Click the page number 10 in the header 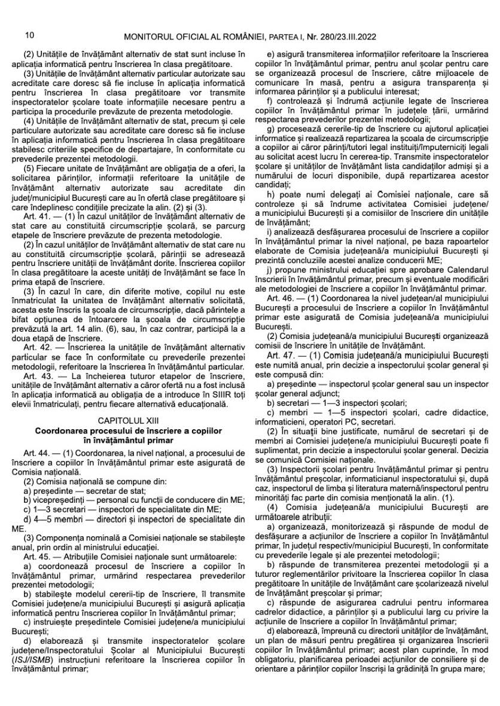[29, 37]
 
